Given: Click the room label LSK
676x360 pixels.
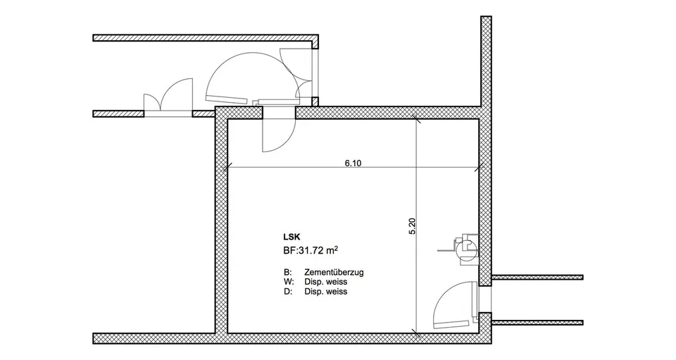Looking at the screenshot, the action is (292, 237).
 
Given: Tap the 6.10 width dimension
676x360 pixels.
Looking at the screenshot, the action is (353, 163).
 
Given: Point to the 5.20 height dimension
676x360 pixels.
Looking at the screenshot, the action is (411, 226).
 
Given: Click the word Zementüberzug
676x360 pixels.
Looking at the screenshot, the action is (334, 273).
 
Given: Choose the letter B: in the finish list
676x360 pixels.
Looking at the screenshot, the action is (287, 273).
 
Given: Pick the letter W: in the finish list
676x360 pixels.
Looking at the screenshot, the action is (289, 282).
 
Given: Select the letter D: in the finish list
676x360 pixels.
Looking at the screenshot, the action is (287, 292).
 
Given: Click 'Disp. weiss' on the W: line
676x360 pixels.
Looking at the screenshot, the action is (325, 282).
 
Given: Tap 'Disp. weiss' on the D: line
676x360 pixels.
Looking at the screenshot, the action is (325, 292).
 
